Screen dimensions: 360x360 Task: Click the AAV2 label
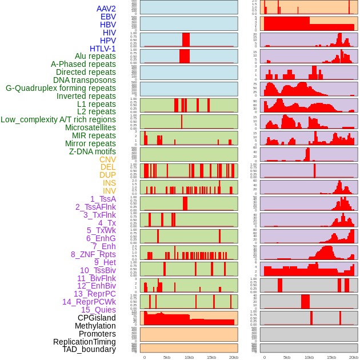106,9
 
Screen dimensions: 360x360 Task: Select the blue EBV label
108,17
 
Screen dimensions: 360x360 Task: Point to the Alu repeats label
95,57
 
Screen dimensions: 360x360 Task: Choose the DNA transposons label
85,80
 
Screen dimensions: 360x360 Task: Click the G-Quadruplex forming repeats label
61,88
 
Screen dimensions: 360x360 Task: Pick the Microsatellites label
90,127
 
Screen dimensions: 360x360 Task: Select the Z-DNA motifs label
93,151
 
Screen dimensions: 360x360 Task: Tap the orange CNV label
107,159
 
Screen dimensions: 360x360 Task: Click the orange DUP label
107,175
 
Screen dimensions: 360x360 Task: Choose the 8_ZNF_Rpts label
93,254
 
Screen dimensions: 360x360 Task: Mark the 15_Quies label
98,310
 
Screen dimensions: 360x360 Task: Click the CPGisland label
97,318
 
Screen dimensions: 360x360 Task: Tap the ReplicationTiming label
85,342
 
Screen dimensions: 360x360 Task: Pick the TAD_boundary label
89,349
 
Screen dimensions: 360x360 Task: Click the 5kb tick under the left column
167,357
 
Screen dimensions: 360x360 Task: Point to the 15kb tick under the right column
331,357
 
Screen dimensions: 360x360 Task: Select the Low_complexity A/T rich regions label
58,119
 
